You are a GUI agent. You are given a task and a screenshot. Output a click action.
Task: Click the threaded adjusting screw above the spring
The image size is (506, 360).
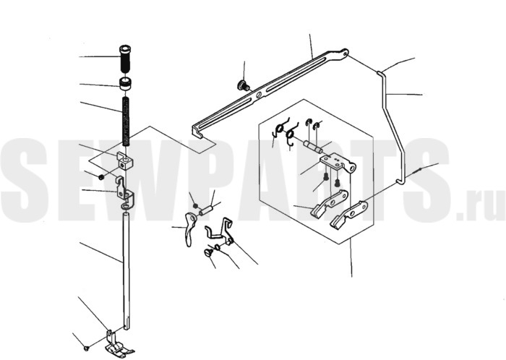(125, 59)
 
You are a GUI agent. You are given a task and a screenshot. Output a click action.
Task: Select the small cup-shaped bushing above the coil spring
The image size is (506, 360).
(126, 84)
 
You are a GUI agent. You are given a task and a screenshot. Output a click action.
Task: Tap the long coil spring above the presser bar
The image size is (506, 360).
(126, 121)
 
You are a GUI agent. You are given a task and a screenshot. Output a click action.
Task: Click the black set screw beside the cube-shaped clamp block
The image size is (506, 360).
(101, 177)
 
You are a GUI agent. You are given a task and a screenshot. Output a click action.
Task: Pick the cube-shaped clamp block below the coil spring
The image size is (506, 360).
(124, 161)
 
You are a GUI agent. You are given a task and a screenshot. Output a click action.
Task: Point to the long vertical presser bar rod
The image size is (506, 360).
(126, 270)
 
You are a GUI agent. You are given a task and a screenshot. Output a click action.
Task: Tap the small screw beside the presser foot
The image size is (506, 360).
(86, 348)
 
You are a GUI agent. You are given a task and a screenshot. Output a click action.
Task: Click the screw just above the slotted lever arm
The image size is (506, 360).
(243, 85)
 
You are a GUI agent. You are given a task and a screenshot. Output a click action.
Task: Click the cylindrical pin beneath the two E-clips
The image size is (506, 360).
(312, 147)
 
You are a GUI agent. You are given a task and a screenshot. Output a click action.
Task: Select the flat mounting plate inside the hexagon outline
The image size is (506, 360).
(338, 163)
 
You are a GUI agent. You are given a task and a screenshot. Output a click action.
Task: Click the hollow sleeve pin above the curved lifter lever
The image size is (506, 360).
(205, 211)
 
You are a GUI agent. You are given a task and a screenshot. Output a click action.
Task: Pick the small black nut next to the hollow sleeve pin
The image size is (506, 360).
(195, 205)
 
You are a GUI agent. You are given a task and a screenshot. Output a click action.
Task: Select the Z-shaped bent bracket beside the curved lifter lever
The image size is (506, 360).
(220, 231)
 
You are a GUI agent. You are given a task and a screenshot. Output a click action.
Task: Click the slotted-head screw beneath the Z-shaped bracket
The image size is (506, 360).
(208, 253)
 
